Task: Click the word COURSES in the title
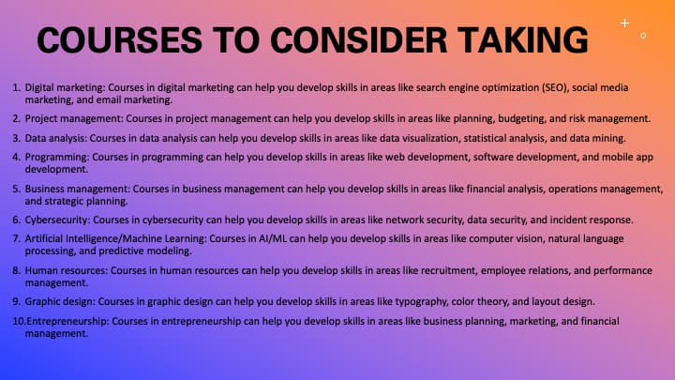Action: pyautogui.click(x=119, y=40)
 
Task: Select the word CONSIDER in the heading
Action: pyautogui.click(x=359, y=40)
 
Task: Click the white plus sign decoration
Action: pyautogui.click(x=624, y=23)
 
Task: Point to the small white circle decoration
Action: pyautogui.click(x=643, y=36)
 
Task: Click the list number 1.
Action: pyautogui.click(x=16, y=87)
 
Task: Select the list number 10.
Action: pyautogui.click(x=19, y=321)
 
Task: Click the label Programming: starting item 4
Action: pyautogui.click(x=57, y=158)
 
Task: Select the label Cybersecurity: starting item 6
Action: pyautogui.click(x=58, y=220)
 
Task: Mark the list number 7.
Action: pyautogui.click(x=16, y=238)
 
